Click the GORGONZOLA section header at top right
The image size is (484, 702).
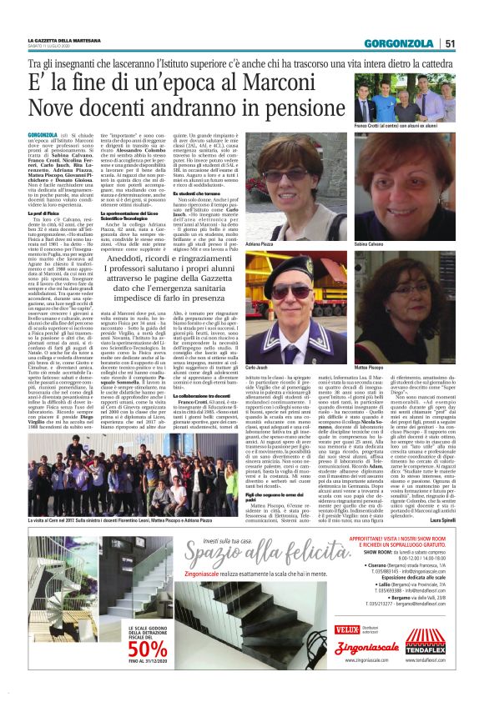tap(402, 43)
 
